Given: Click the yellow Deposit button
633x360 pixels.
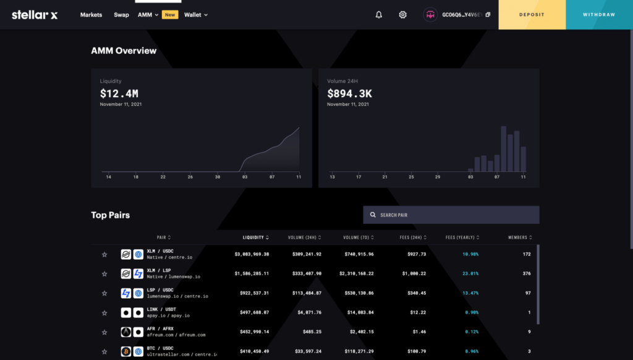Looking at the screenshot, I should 532,15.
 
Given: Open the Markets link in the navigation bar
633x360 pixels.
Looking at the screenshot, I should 91,15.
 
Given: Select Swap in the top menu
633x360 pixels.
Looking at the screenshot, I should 121,15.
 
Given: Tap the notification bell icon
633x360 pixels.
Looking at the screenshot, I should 379,15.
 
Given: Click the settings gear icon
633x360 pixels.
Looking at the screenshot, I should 403,15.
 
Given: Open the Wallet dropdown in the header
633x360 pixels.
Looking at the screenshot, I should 195,15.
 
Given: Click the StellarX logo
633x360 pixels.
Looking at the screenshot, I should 35,15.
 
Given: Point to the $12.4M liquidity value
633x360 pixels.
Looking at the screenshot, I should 119,94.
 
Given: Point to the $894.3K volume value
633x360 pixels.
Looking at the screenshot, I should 349,94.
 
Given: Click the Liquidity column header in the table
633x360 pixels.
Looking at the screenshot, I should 255,238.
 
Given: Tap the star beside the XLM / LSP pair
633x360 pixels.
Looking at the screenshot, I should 104,273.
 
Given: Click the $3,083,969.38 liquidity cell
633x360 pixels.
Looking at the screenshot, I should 252,254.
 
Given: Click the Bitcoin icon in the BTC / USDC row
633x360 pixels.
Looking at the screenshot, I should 126,351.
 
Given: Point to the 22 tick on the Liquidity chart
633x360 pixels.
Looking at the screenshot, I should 163,178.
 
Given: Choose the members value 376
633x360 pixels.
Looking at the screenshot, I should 527,273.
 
